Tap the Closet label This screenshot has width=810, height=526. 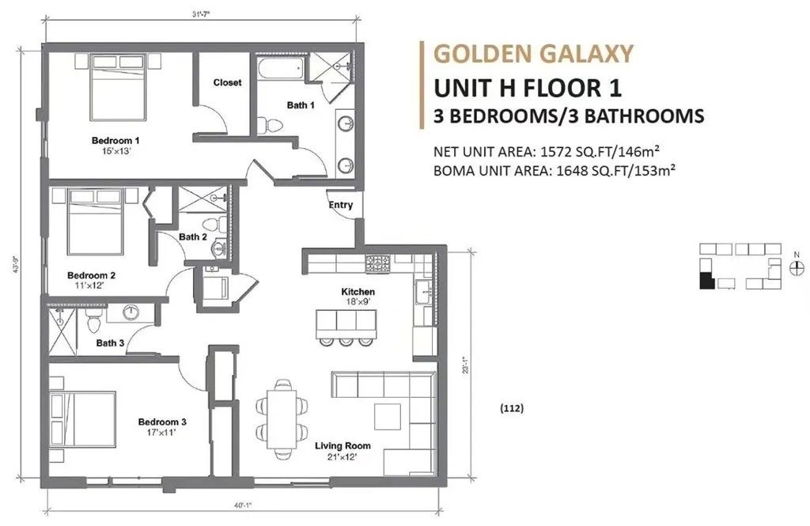(227, 82)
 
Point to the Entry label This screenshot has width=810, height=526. (340, 206)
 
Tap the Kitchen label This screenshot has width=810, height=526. (354, 292)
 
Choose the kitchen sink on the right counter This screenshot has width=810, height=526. (422, 292)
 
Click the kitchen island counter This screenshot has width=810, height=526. (345, 320)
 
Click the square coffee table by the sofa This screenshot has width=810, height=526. (388, 417)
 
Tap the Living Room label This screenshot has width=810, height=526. (343, 446)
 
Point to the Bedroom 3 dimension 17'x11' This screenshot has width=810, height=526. (161, 433)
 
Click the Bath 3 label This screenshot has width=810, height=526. (110, 342)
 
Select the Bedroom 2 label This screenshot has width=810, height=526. (92, 275)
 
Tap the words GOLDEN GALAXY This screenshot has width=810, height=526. (534, 54)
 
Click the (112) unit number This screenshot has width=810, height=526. (511, 409)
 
